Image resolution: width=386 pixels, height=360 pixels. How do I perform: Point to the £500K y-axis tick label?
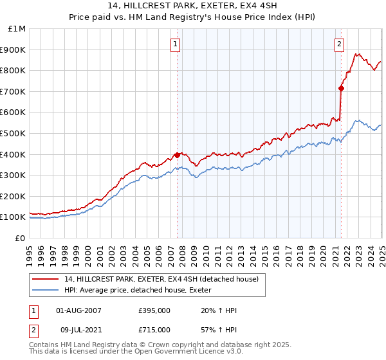[13, 133]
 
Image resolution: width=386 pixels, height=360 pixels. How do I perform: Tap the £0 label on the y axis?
[20, 238]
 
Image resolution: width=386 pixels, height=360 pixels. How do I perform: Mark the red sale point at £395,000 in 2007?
[177, 155]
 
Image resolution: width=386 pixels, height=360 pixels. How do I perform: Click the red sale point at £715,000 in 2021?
[341, 88]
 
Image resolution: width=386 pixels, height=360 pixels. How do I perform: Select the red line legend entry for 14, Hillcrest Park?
[161, 279]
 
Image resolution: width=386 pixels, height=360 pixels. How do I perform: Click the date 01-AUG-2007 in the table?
[79, 310]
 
